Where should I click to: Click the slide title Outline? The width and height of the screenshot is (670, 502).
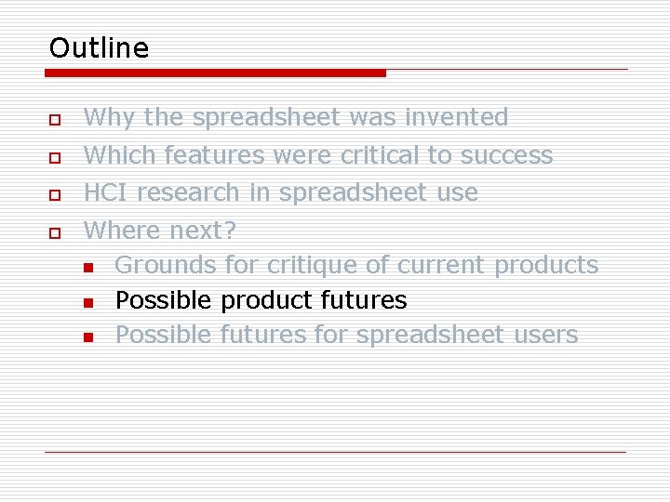99,47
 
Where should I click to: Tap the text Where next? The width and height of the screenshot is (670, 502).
160,230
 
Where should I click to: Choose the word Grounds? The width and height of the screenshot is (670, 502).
166,265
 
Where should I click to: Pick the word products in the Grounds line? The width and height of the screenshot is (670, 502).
546,265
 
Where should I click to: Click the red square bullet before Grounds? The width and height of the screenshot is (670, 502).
87,268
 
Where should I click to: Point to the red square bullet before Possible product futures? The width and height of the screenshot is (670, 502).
87,303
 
